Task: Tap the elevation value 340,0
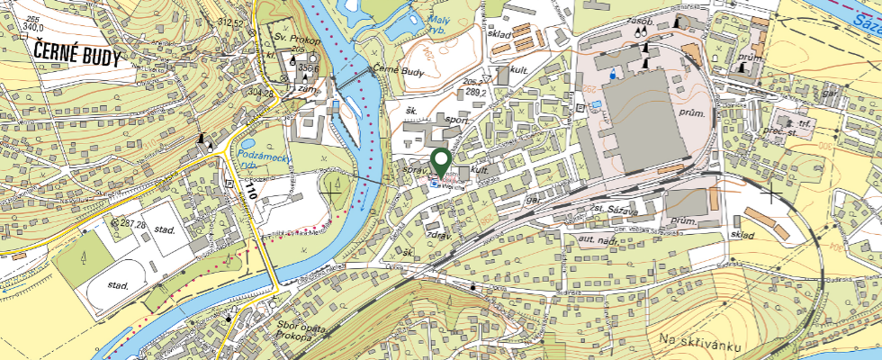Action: (x=33, y=27)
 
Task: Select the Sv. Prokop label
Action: (x=298, y=40)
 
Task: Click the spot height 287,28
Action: (x=130, y=222)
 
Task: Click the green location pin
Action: (x=441, y=162)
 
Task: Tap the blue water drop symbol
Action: (x=614, y=71)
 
